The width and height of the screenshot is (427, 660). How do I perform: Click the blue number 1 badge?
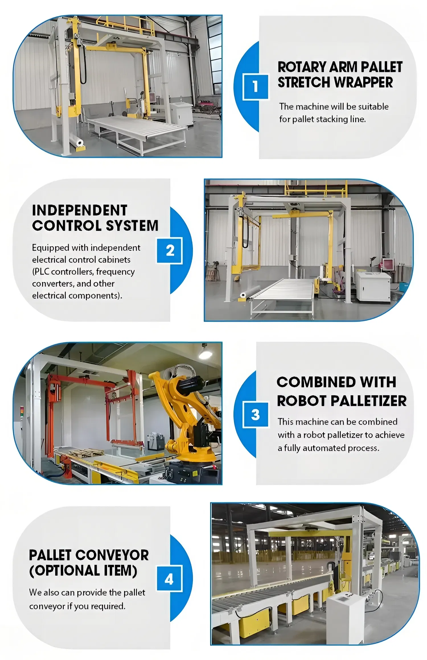tap(255, 87)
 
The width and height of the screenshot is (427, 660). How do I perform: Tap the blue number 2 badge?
tap(170, 251)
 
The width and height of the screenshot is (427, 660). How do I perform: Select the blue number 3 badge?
tap(255, 414)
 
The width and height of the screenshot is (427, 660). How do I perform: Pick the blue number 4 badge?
tap(169, 579)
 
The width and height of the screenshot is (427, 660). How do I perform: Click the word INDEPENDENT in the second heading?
tap(79, 211)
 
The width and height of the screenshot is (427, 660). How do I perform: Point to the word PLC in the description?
tap(41, 272)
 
